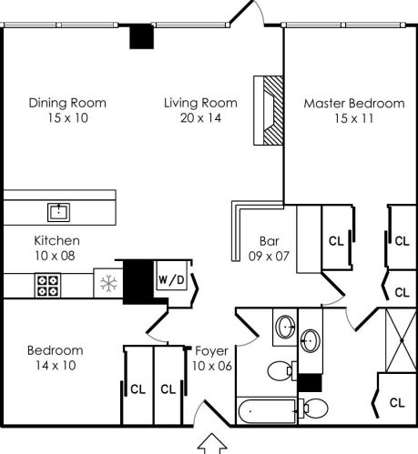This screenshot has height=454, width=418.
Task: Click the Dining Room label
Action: (x=67, y=103)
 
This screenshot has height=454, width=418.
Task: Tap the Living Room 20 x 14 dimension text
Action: (x=200, y=117)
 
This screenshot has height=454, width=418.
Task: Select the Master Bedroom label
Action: (x=354, y=104)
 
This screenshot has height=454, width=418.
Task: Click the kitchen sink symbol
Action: (x=58, y=212)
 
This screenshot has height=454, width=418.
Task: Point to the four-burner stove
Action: (x=47, y=286)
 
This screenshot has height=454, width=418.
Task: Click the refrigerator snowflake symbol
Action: (x=108, y=284)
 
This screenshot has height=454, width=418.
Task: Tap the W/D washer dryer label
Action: (x=171, y=280)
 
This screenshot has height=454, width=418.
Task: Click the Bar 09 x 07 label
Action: (x=269, y=248)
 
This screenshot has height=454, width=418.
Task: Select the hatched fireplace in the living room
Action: (x=269, y=110)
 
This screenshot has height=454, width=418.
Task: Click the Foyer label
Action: (x=212, y=351)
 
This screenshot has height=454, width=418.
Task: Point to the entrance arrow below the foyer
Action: (x=212, y=444)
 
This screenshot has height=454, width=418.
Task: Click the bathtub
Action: (x=267, y=411)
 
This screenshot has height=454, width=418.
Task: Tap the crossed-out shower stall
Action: (x=401, y=340)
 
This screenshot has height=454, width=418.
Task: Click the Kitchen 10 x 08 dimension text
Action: (x=55, y=256)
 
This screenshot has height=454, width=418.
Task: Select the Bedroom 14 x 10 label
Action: (x=56, y=358)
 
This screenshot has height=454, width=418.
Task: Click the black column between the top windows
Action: (x=141, y=36)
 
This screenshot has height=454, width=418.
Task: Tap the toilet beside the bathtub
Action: (x=314, y=408)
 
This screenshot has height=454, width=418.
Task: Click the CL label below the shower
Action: (x=397, y=403)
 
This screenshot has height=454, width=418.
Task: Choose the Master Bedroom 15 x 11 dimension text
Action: (x=354, y=118)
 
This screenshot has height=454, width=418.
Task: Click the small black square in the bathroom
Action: (x=310, y=383)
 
